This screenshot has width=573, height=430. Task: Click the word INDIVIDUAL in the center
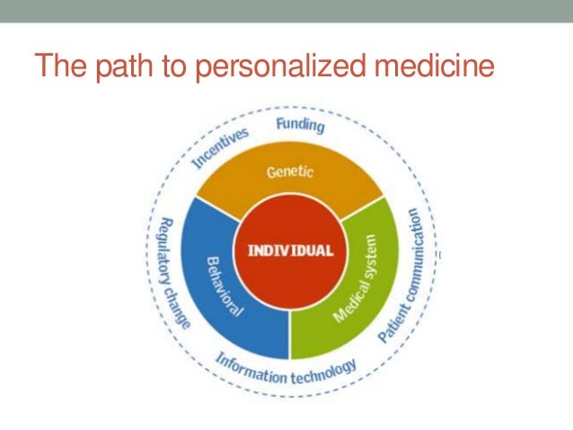pos(290,249)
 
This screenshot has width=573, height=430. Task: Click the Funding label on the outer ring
pos(298,124)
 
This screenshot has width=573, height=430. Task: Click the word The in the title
pos(58,66)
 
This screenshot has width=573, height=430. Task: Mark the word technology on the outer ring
pos(324,370)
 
